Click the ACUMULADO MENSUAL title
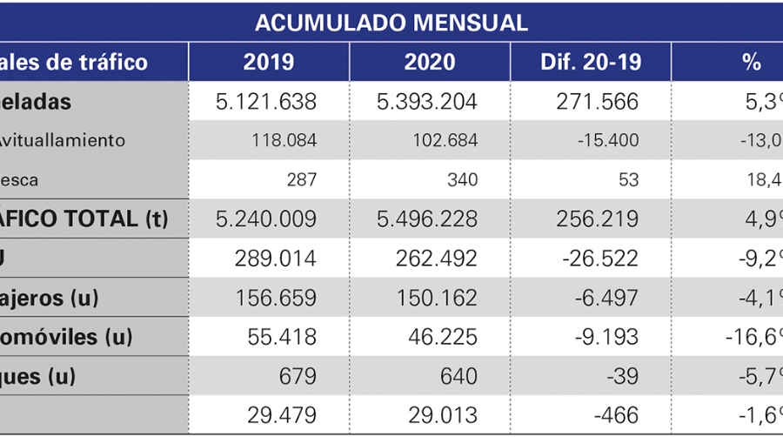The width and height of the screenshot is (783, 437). [x=391, y=23]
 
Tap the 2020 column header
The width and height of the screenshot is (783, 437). [x=430, y=63]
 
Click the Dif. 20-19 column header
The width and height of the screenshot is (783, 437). [x=590, y=63]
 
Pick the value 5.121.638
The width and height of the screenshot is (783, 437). [x=266, y=102]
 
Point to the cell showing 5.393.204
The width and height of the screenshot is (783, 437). [x=427, y=102]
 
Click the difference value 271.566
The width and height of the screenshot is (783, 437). [x=596, y=102]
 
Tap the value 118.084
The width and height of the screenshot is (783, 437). [x=282, y=140]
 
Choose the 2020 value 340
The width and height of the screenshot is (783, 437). [x=462, y=180]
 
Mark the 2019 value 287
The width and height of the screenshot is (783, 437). [x=301, y=180]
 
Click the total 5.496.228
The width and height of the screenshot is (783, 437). [x=427, y=218]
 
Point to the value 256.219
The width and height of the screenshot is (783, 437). [x=596, y=218]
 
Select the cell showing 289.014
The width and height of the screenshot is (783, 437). [x=276, y=259]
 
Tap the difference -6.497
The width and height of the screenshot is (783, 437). [x=606, y=298]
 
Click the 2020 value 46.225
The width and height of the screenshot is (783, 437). [x=442, y=337]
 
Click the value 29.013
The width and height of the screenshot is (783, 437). [x=442, y=415]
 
